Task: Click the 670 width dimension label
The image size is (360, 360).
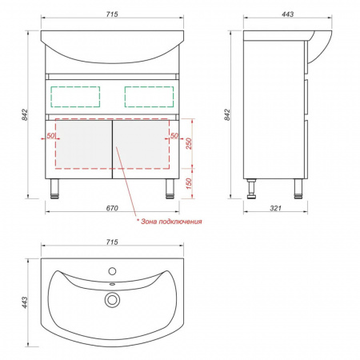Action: (112, 208)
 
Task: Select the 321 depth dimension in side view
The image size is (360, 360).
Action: (275, 208)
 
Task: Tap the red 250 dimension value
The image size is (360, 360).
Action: (189, 143)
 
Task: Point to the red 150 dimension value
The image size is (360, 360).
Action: (189, 184)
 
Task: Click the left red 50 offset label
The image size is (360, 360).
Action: (50, 136)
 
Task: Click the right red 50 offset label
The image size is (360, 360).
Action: (174, 136)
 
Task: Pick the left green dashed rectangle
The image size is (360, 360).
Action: (75, 86)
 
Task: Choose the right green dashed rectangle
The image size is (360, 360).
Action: (149, 86)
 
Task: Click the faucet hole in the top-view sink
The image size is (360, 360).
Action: (112, 271)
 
